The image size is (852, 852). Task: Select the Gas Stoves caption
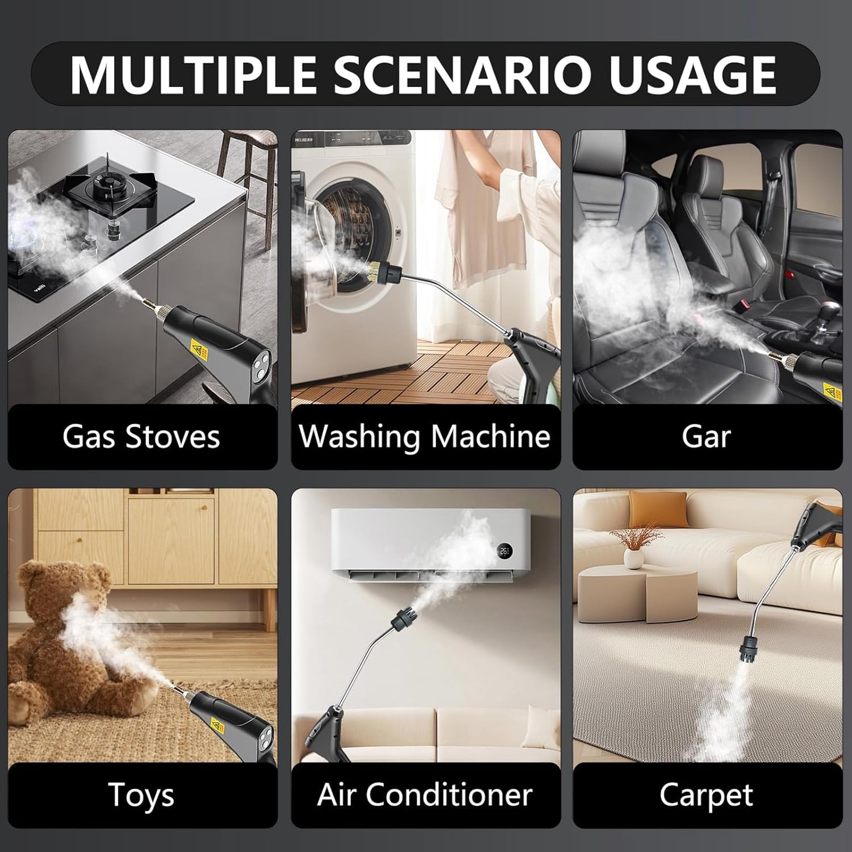tap(141, 437)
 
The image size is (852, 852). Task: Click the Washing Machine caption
tap(425, 437)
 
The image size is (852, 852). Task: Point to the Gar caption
tap(706, 437)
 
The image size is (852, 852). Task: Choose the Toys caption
tap(141, 794)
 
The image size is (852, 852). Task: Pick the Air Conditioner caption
tap(425, 794)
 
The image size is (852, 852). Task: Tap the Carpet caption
tap(706, 794)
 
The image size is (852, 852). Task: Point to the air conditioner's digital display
tap(504, 550)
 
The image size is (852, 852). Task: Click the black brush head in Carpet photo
tap(753, 648)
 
